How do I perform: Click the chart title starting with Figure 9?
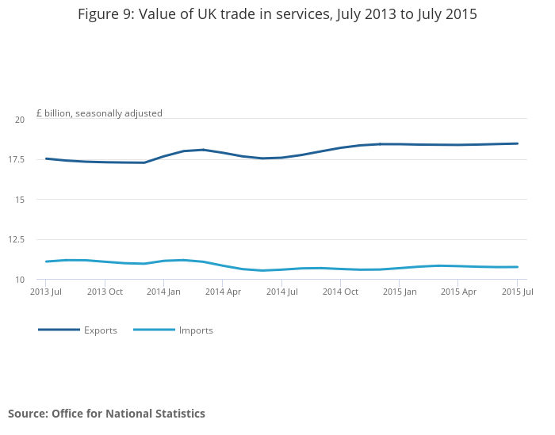click(x=277, y=14)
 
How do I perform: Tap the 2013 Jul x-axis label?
click(x=46, y=292)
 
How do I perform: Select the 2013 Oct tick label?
click(x=105, y=292)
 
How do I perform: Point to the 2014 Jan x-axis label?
click(x=163, y=292)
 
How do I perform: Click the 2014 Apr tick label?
click(x=223, y=292)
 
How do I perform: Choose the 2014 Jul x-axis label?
click(x=281, y=292)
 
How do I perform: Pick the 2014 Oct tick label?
click(x=341, y=292)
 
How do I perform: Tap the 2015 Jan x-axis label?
click(x=400, y=292)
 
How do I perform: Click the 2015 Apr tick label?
click(x=459, y=292)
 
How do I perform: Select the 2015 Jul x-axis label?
click(x=517, y=292)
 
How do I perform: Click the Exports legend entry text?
click(x=101, y=330)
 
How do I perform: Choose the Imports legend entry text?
click(x=196, y=330)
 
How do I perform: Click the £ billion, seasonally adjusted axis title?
click(x=99, y=113)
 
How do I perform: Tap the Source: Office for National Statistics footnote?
click(x=106, y=414)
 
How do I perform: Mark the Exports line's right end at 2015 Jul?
click(x=518, y=143)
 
